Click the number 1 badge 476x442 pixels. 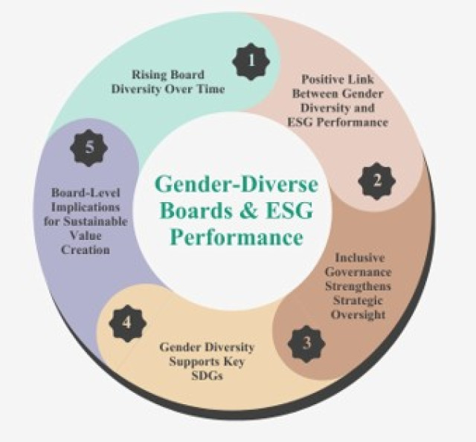tap(251, 62)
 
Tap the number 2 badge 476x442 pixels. tap(377, 181)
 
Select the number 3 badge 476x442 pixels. tap(306, 344)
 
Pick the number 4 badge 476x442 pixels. tap(127, 323)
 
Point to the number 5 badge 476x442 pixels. tap(89, 149)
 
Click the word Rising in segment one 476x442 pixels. tap(147, 75)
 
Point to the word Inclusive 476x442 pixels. tap(360, 258)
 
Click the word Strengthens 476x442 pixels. tap(358, 286)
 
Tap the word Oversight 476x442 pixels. tap(358, 315)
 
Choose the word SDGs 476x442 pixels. tap(208, 376)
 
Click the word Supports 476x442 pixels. tap(192, 362)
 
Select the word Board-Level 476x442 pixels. tap(86, 193)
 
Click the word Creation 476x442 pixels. tap(86, 250)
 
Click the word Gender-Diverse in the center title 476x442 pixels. tap(237, 184)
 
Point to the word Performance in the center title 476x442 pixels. tap(237, 237)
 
